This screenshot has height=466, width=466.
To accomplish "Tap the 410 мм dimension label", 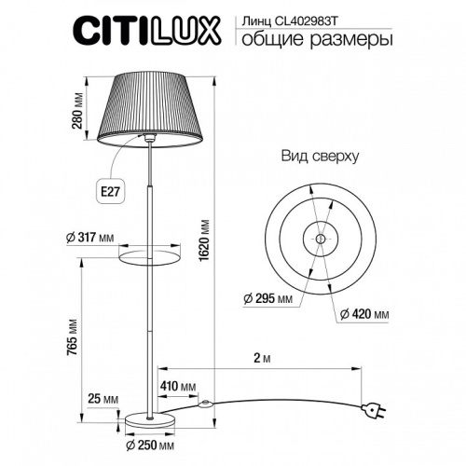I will [x=177, y=385].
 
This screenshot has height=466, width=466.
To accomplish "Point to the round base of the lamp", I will [x=150, y=419].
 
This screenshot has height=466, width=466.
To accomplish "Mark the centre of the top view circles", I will [x=320, y=230].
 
